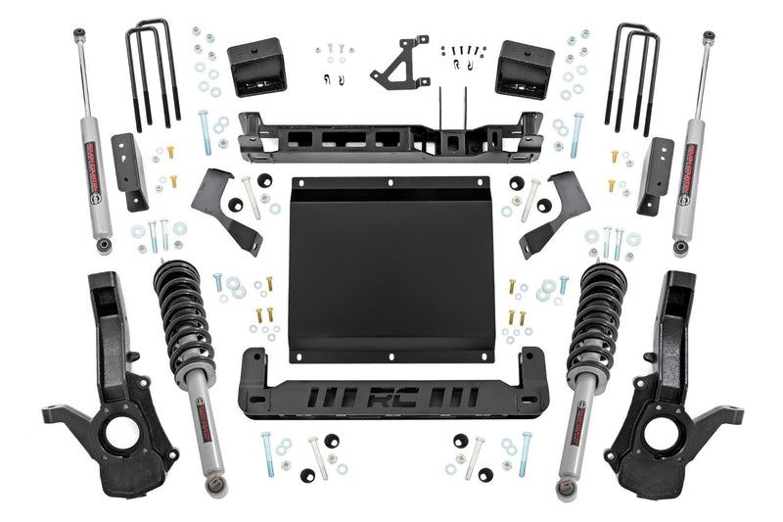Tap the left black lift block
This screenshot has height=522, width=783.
click(255, 68)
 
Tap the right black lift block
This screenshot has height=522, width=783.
click(524, 69)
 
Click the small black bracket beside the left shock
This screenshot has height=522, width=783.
click(129, 171)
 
